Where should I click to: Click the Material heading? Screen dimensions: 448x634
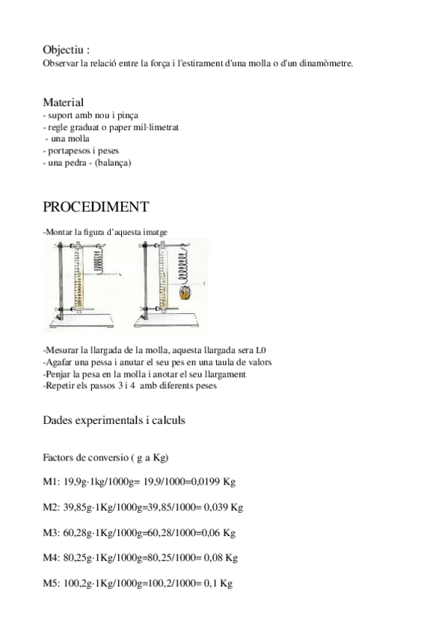click(x=64, y=102)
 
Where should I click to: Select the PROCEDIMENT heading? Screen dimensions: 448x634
click(x=96, y=207)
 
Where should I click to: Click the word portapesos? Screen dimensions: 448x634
click(x=65, y=150)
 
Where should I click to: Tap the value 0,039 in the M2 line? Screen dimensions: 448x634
click(x=214, y=508)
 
